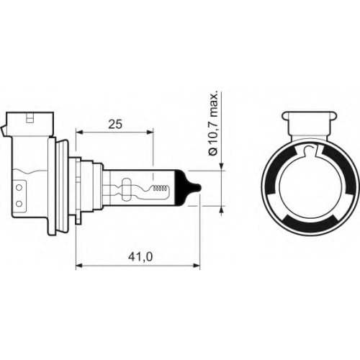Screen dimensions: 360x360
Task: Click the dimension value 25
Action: click(115, 125)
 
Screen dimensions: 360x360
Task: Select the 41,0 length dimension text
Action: click(140, 257)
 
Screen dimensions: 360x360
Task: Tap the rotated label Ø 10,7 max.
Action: click(213, 124)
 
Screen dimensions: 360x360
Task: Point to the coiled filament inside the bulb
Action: click(160, 189)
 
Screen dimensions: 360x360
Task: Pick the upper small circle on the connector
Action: click(19, 188)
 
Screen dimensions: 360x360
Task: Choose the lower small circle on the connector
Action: click(19, 204)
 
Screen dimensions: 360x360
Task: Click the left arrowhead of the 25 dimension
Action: click(79, 132)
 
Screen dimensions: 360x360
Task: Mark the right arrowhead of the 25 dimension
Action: click(150, 132)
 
